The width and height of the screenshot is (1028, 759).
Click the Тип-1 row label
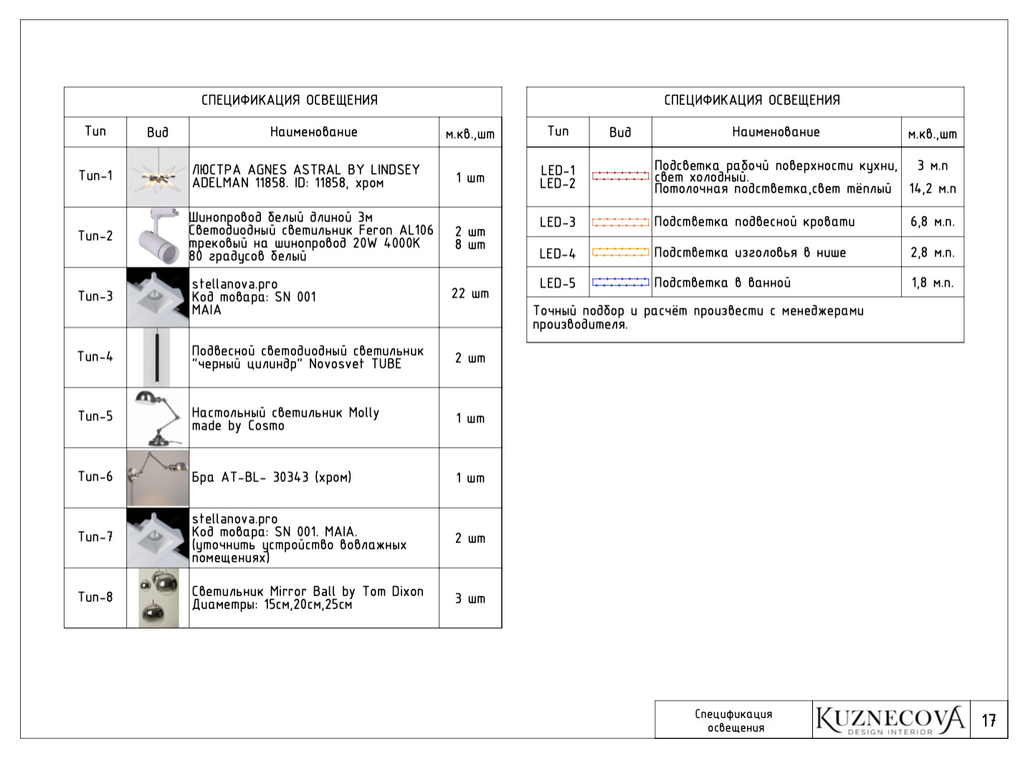coord(95,176)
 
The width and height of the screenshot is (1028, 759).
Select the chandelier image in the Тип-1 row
coord(158,177)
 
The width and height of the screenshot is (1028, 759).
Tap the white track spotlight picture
coord(158,237)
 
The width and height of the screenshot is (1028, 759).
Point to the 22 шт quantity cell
coord(470,294)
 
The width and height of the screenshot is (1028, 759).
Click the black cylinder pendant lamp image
coord(157,357)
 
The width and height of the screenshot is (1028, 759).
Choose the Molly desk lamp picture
coord(158,418)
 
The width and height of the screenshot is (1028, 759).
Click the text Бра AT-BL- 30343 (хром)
coord(272,477)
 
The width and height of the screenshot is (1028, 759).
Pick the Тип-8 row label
coord(95,597)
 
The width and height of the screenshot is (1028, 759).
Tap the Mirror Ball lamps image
coord(158,598)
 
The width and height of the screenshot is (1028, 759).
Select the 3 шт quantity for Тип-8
coord(470,598)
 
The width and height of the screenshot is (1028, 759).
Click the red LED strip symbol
coord(620,176)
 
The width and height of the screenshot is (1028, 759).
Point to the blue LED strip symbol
coord(620,283)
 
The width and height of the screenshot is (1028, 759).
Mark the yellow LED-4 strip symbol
coord(620,253)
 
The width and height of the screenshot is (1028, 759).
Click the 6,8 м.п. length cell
coord(932,222)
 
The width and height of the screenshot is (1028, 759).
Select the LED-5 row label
coord(558,283)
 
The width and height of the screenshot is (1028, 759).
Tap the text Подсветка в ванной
coord(723,283)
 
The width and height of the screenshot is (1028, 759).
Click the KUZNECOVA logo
coord(890,720)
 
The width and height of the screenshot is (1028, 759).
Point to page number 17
coord(989,720)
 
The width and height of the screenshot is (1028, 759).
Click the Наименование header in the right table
coord(776,132)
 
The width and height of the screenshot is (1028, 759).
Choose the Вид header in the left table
coord(158,132)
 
